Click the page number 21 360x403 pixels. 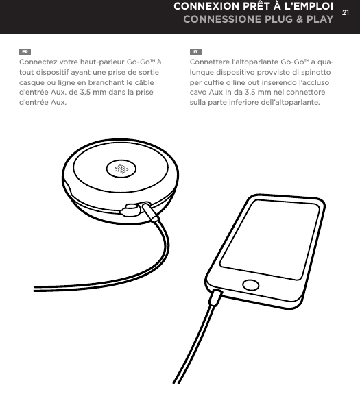(346, 12)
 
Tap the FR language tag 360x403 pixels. (25, 51)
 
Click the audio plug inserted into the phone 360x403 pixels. (216, 297)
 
